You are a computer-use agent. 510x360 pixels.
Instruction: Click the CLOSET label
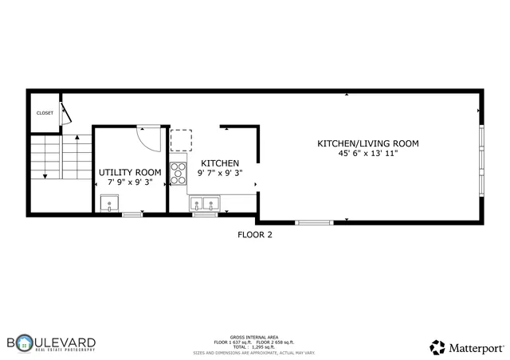point(45,113)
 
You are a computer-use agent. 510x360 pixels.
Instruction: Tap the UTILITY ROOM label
point(130,172)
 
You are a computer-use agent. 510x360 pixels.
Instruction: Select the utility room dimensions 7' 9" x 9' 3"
point(130,182)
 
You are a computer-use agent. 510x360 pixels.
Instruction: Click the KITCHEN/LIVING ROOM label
point(368,143)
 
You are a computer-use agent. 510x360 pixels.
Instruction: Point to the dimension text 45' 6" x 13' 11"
point(368,154)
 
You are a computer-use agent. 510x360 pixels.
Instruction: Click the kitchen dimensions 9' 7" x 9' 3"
point(220,173)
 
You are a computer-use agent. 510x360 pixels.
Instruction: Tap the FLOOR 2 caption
point(255,235)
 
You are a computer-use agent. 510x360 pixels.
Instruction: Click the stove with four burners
point(178,173)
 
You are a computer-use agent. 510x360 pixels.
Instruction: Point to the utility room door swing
point(149,138)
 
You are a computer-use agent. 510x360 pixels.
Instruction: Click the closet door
point(68,112)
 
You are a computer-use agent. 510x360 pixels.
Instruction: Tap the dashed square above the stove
point(181,141)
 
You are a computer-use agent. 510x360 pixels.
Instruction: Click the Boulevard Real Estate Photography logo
point(52,344)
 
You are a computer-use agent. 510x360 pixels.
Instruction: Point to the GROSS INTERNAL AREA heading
point(254,336)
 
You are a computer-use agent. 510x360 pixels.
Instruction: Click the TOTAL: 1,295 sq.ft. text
point(254,346)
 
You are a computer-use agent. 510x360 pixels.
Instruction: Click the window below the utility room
point(132,213)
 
